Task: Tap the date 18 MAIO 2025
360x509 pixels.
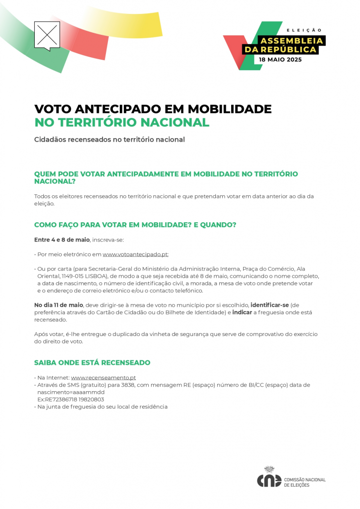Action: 280,59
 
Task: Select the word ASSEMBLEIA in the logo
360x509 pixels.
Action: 292,40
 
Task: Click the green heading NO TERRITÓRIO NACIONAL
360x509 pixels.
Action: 122,122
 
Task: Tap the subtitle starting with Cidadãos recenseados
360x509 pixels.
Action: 109,140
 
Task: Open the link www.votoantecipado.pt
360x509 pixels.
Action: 135,254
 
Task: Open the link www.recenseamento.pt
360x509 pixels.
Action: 103,378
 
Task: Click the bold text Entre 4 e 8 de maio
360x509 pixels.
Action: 62,240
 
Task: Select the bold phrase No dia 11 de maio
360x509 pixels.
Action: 59,305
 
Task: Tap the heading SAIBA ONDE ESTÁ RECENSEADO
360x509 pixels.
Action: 92,362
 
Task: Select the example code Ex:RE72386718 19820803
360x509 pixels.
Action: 71,400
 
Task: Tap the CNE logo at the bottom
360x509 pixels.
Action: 269,478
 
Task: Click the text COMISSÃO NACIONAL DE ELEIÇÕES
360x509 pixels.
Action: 304,482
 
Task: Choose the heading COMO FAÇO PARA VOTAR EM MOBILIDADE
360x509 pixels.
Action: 134,225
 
